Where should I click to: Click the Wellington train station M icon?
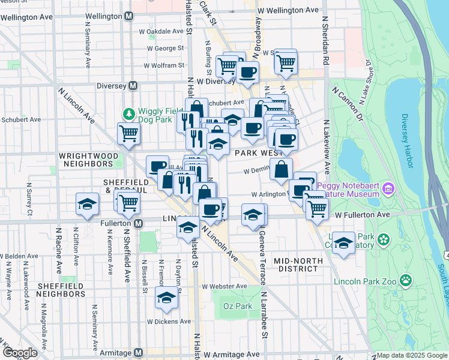[x=128, y=17]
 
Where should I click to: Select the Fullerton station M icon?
[x=138, y=224]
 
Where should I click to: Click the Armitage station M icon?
[x=138, y=352]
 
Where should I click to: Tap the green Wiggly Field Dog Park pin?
[x=128, y=113]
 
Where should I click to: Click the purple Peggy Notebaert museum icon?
[x=388, y=190]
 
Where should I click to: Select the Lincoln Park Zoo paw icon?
[x=406, y=280]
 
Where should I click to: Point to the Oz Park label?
[x=232, y=306]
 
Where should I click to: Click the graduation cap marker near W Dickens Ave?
[x=166, y=298]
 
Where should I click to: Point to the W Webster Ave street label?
[x=224, y=286]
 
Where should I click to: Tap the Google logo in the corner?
[x=19, y=353]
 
